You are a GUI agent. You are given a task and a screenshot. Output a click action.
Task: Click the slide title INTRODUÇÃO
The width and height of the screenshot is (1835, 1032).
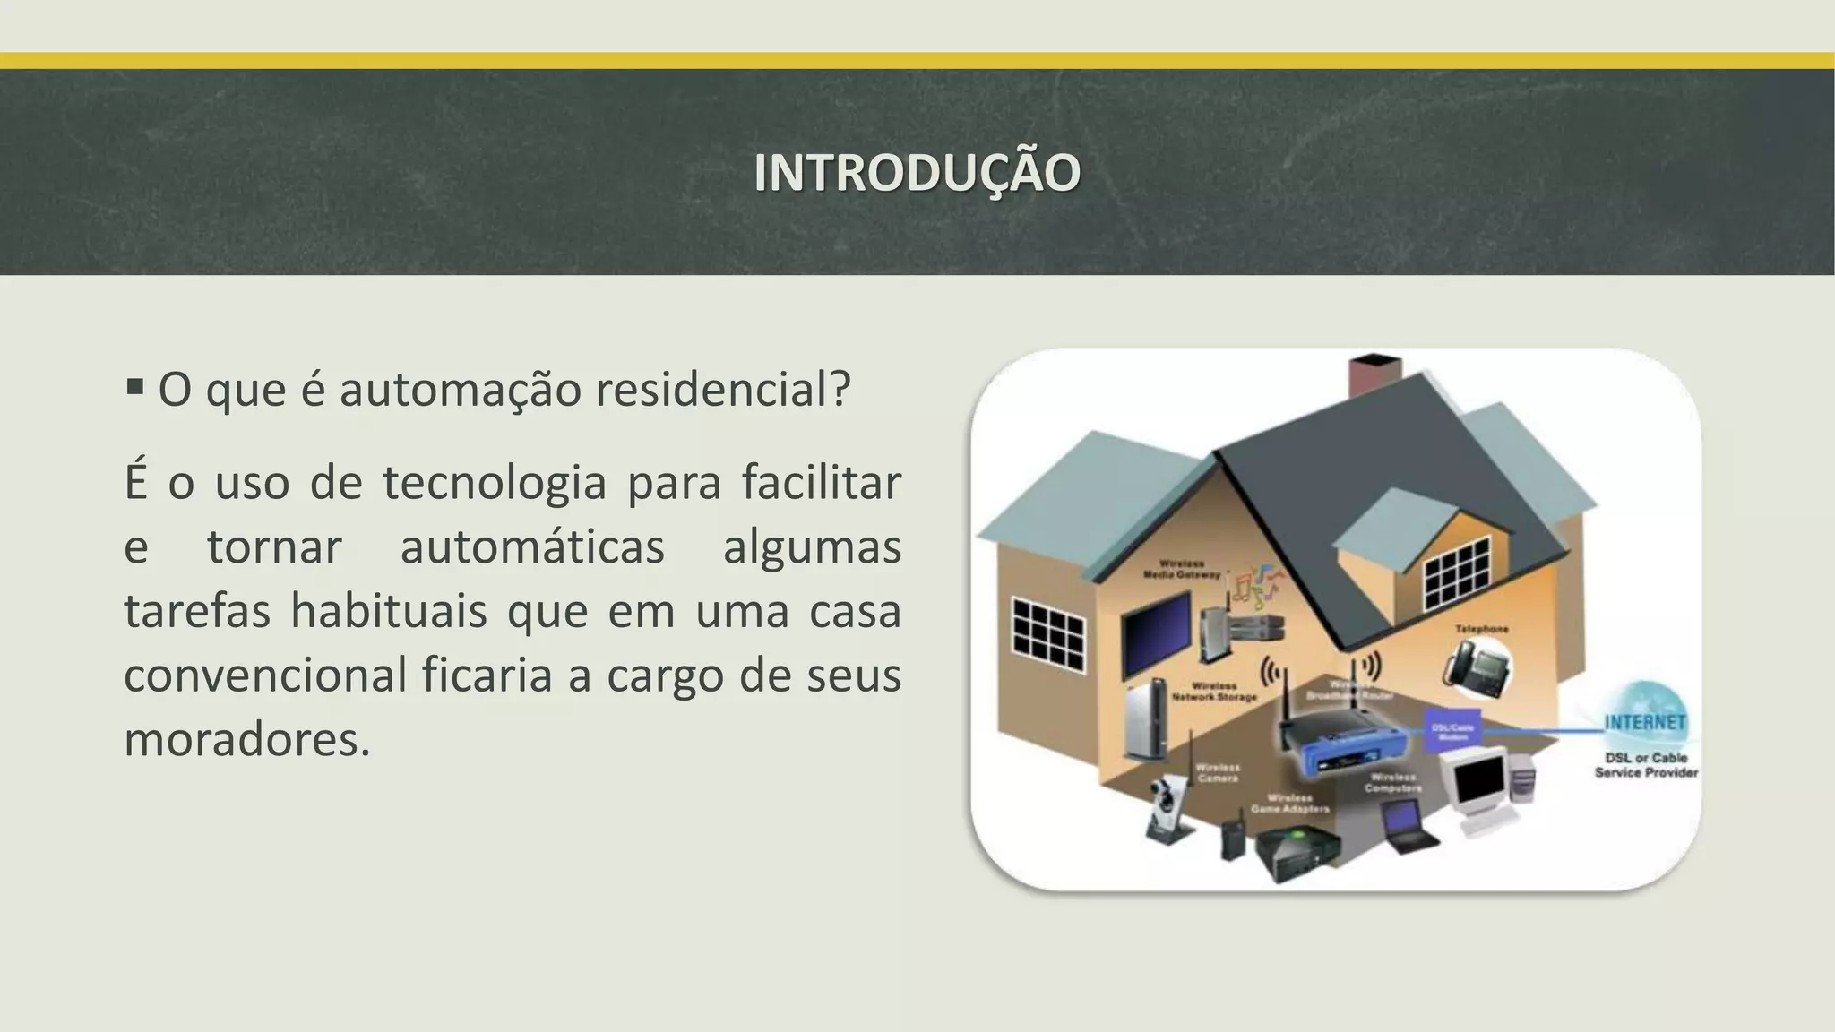point(917,172)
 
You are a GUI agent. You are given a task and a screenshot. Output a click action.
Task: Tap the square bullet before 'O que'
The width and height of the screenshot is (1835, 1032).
point(135,388)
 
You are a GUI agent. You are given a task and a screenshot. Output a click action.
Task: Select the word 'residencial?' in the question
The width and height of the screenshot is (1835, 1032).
point(722,390)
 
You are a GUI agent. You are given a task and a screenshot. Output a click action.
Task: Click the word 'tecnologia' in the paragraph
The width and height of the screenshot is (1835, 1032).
point(495,483)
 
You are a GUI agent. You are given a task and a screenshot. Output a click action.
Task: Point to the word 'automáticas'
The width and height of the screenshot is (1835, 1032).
point(532,547)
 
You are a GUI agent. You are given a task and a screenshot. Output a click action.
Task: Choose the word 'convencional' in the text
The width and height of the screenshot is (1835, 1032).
point(265,675)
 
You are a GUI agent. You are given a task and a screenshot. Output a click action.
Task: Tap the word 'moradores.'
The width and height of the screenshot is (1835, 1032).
point(246,740)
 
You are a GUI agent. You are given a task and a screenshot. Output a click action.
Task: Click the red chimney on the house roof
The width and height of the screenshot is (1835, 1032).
point(1376,376)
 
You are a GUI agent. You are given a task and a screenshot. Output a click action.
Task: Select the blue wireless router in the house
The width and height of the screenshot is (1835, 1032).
point(1340,744)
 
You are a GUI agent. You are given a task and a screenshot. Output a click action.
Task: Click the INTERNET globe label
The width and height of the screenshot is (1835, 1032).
point(1645,722)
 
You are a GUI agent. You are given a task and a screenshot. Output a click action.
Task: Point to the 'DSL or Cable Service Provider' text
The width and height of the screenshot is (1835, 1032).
point(1646,765)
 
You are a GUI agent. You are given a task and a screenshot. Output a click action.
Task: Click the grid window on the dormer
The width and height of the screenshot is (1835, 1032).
point(1457,573)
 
